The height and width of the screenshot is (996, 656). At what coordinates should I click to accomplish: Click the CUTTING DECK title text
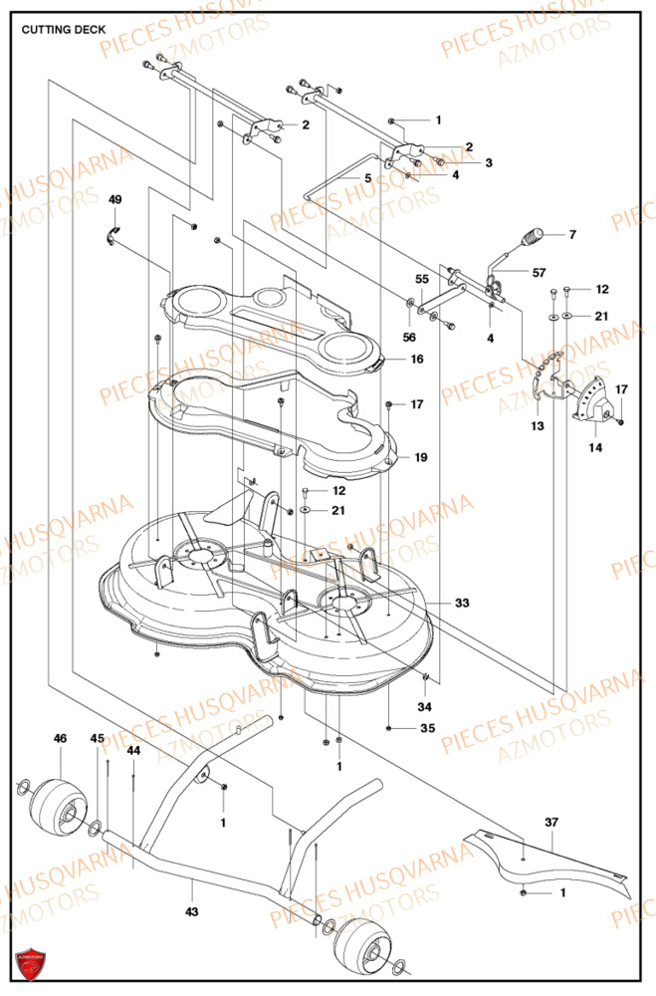coord(64,30)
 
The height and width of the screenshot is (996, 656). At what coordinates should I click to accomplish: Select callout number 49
coord(115,200)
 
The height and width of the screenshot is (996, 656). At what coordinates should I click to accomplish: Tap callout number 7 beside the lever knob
coord(571,236)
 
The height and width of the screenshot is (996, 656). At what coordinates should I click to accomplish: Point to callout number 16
coord(416,359)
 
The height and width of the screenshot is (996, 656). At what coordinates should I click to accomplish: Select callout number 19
coord(420,457)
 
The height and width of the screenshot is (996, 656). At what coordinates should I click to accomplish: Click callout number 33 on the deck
coord(462,603)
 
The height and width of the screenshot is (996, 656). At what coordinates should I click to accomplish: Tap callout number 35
coord(427,729)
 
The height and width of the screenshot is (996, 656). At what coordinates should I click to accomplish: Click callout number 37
coord(551,822)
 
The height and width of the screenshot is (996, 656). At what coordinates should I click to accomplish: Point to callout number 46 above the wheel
coord(61,738)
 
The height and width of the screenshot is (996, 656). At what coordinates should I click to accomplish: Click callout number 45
coord(97,738)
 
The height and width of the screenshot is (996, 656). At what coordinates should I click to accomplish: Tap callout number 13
coord(537,425)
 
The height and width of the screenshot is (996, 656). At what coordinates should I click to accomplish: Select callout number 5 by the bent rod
coord(367,178)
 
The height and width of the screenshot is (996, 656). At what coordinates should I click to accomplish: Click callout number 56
coord(409,338)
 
